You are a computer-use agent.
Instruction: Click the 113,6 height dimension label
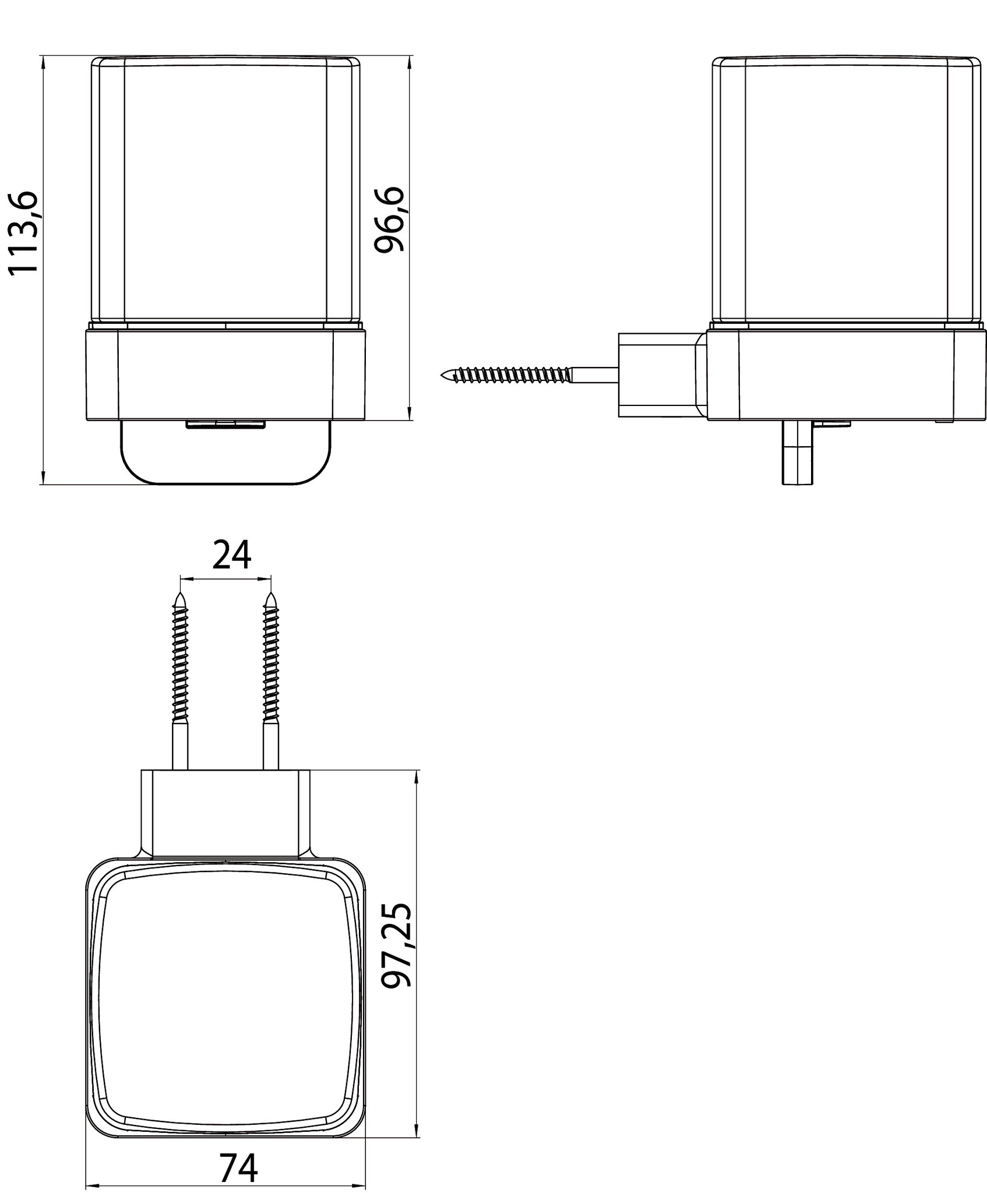23,232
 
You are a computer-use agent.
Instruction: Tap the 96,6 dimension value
389,220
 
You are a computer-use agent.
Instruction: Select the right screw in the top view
270,680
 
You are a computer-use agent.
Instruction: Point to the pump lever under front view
225,452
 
